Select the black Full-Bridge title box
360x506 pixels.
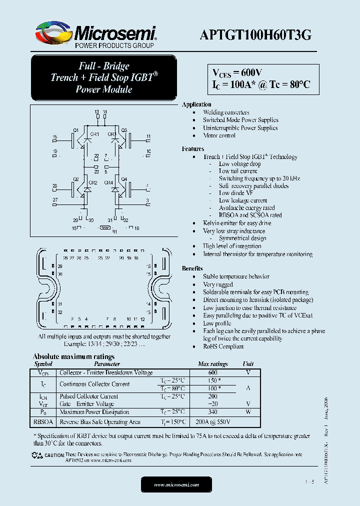(x=104, y=77)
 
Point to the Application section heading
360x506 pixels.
(x=196, y=104)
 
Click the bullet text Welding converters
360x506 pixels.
(x=226, y=112)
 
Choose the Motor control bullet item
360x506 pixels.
(x=219, y=135)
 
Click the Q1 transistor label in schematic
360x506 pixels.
(x=75, y=130)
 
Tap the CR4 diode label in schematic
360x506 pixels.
(x=108, y=183)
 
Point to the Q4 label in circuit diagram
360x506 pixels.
(x=124, y=179)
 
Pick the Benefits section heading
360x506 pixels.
(x=192, y=268)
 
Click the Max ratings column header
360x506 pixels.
(x=213, y=364)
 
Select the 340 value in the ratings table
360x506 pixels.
(x=213, y=412)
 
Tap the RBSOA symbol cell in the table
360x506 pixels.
(x=43, y=422)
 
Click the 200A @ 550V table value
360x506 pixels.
(x=213, y=422)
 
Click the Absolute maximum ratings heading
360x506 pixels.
(x=73, y=356)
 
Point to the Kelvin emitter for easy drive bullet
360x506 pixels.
(x=237, y=223)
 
